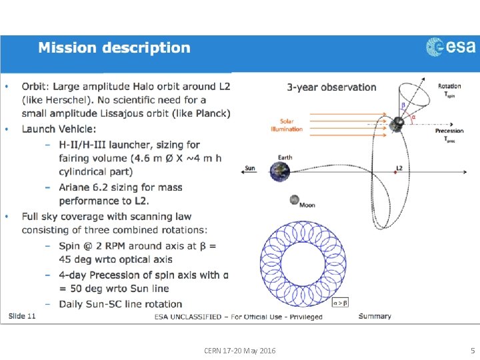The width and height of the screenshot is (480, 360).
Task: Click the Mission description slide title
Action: (x=114, y=48)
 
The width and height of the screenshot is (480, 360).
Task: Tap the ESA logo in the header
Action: (x=451, y=47)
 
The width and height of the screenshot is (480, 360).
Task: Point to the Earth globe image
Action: (x=284, y=171)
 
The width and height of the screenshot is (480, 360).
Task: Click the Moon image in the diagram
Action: (x=295, y=199)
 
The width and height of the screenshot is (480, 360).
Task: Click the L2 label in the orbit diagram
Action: (x=399, y=168)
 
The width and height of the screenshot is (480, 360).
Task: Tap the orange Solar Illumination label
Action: (x=287, y=125)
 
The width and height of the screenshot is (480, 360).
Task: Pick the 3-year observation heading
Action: (x=331, y=87)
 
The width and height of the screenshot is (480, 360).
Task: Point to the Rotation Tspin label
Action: (x=449, y=90)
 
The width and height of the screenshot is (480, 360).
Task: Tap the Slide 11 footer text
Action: (x=22, y=315)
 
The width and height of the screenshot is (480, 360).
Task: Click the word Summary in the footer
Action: (x=375, y=315)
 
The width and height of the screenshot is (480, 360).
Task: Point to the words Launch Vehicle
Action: (x=59, y=129)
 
